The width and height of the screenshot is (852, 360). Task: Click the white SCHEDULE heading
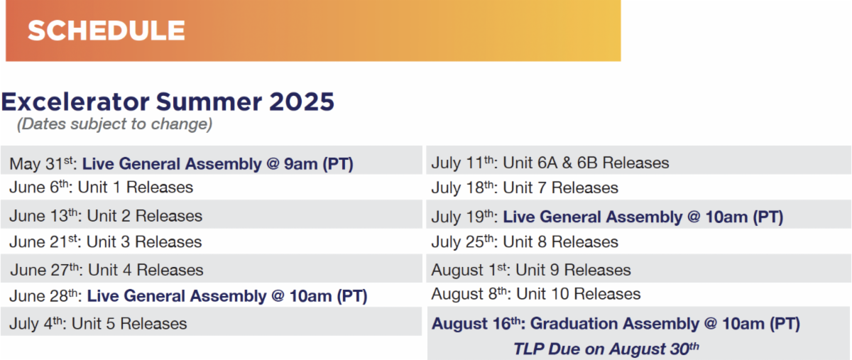106,31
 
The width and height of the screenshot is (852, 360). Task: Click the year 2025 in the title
302,102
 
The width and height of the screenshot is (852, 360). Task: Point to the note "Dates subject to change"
114,124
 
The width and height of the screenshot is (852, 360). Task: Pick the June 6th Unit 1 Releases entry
101,187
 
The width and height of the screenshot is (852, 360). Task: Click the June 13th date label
45,216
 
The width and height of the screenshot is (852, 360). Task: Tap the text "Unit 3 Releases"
144,241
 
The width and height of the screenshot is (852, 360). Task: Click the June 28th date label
45,295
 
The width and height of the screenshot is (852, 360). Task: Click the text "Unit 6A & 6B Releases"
586,163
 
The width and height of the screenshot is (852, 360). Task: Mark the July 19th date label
464,217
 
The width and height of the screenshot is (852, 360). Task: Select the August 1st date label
471,270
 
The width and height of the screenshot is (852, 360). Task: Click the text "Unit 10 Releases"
578,294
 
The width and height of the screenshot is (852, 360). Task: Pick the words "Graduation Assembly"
614,324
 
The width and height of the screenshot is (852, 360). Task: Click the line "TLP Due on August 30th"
606,349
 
